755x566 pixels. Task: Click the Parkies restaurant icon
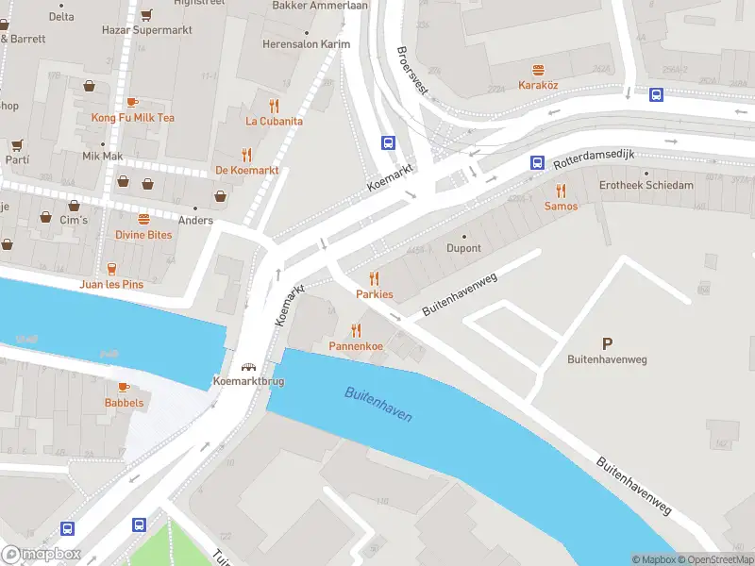[x=375, y=277]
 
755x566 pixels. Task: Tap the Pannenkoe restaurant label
[x=356, y=346]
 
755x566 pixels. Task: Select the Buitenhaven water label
[x=378, y=404]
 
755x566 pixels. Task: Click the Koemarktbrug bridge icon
[x=249, y=367]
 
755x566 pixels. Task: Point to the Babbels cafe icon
[x=124, y=387]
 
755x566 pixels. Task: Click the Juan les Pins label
[x=118, y=284]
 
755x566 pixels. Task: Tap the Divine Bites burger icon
[x=143, y=218]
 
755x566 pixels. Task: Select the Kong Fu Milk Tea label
[x=132, y=118]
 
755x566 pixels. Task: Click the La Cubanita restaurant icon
[x=274, y=106]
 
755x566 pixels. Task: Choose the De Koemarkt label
[x=247, y=170]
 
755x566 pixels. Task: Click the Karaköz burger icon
[x=539, y=70]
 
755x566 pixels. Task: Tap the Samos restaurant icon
[x=561, y=191]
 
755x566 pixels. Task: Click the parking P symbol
[x=606, y=344]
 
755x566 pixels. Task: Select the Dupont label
[x=463, y=248]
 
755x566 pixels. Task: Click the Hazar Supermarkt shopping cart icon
[x=146, y=15]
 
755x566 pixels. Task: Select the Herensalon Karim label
[x=306, y=44]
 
